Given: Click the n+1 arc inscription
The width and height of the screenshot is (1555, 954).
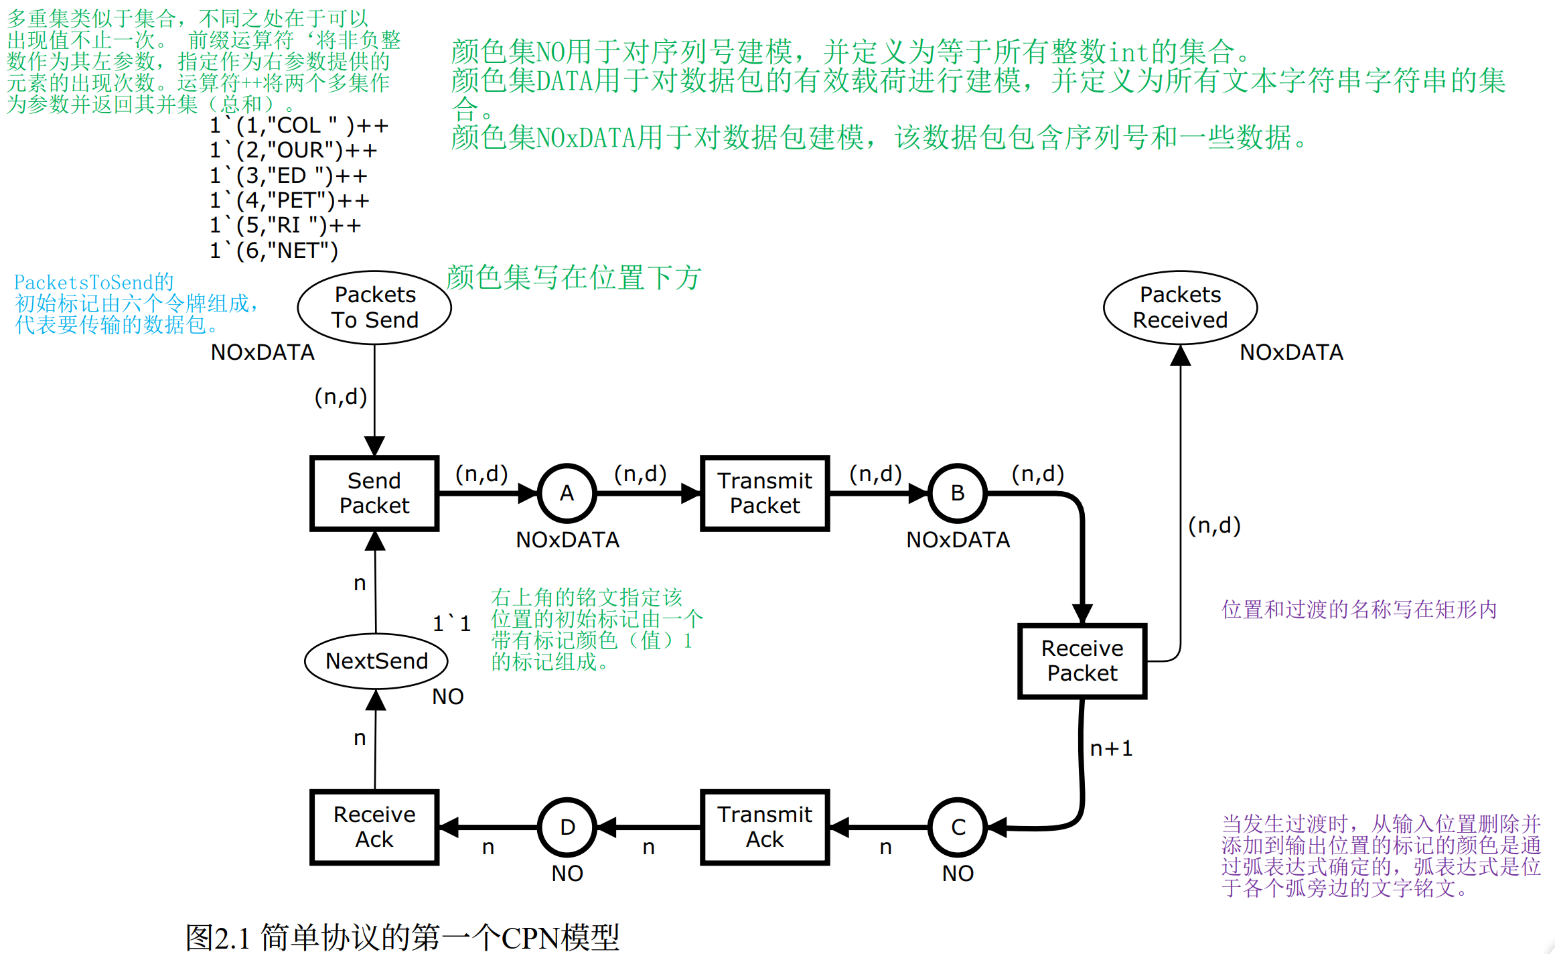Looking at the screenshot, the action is click(1111, 748).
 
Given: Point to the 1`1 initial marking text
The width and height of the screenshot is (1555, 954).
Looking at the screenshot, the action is click(451, 624).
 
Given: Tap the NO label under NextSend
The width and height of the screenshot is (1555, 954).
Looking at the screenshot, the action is click(448, 697).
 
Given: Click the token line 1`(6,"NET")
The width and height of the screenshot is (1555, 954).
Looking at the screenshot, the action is click(274, 251).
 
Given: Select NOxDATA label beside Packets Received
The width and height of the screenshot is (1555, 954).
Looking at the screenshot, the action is click(1292, 352).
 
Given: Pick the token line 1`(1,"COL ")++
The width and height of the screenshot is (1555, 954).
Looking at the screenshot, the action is click(299, 125).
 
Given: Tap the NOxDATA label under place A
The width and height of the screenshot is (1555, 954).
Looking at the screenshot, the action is click(567, 540).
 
